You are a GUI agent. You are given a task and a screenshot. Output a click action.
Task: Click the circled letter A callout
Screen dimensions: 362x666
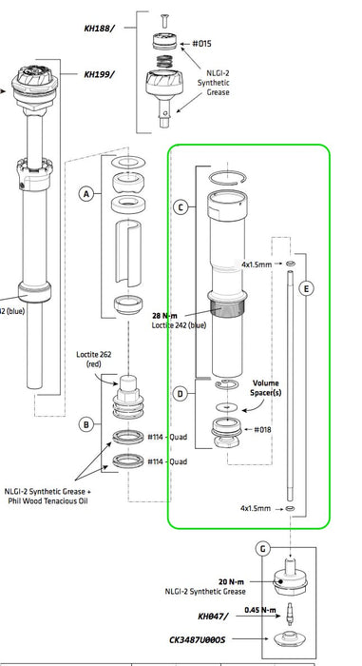point(86,194)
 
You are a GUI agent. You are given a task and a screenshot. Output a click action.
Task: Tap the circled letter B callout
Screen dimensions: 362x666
point(86,424)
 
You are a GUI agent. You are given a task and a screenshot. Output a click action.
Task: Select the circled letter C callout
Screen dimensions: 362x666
point(181,207)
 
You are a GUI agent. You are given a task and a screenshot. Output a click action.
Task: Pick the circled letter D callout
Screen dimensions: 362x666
point(181,394)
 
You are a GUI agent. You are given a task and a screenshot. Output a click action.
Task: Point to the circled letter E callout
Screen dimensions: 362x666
point(306,289)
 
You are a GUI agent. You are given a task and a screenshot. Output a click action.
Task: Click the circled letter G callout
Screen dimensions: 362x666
point(263,549)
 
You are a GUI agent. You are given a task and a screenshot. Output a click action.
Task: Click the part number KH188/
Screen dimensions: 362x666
point(100,29)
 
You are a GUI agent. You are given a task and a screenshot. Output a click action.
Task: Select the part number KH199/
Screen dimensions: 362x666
point(100,74)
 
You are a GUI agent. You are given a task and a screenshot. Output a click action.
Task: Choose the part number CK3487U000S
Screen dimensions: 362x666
point(197,638)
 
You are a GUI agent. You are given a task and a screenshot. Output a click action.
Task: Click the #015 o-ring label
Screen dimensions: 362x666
point(201,44)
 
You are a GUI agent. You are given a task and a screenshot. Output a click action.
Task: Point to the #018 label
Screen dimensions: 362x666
point(262,429)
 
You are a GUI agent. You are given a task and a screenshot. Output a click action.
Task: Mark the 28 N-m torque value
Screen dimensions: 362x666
point(165,316)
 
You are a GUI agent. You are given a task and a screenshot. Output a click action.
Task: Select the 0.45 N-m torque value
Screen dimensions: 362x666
point(260,610)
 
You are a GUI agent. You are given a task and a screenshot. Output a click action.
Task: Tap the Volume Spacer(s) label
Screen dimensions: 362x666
point(266,388)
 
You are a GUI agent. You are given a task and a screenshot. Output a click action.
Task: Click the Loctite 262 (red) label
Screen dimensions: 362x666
point(93,359)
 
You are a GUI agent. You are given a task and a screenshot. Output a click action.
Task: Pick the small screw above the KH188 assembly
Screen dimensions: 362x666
point(164,20)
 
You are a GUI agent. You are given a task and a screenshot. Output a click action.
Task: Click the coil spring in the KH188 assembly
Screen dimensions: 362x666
point(165,62)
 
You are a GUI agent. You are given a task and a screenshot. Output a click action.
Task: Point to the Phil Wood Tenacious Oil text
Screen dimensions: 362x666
point(48,500)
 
